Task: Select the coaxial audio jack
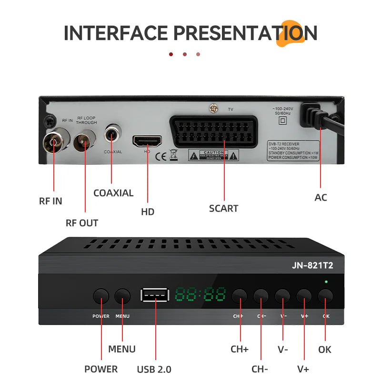[x=112, y=135]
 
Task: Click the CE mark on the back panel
[x=161, y=155]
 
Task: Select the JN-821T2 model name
[x=312, y=266]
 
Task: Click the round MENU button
[x=122, y=296]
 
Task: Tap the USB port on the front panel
[x=154, y=295]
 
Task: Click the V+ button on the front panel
[x=304, y=296]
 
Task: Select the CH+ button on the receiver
[x=240, y=296]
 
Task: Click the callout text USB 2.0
[x=154, y=369]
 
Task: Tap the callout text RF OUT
[x=81, y=223]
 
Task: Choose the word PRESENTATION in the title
[x=245, y=33]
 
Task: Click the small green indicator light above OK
[x=326, y=282]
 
